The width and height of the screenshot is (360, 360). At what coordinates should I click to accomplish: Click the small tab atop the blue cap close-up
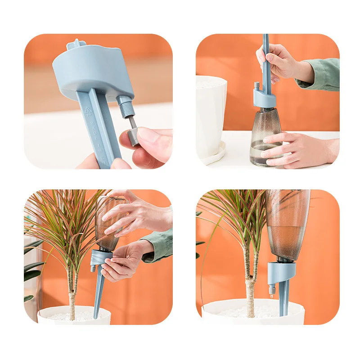(x=76, y=44)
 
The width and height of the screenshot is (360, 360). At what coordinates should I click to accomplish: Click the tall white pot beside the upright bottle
(x=210, y=112)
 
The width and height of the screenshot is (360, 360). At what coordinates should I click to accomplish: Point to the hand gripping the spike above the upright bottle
(x=279, y=63)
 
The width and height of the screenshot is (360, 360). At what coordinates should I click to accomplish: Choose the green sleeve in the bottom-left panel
(x=160, y=245)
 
